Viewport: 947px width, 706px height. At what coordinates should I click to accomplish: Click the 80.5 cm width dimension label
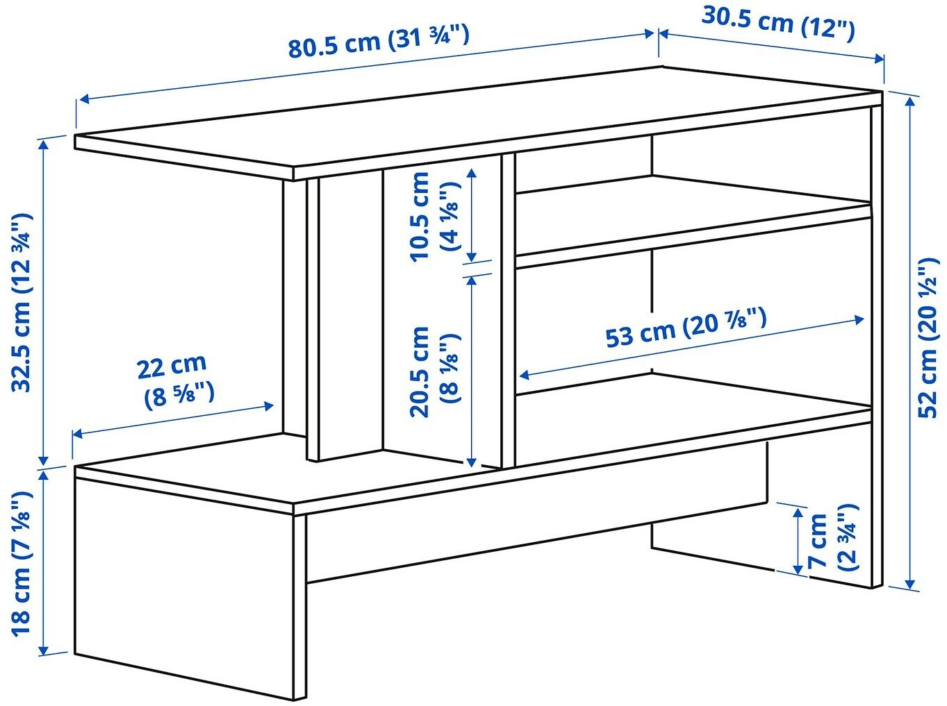(x=379, y=42)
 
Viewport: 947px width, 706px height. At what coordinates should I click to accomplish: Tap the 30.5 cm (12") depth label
(x=778, y=24)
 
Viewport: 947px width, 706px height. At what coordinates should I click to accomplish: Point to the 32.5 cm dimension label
(x=22, y=302)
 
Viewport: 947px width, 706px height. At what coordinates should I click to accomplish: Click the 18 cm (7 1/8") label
(x=22, y=564)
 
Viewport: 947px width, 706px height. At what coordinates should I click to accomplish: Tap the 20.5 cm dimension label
(x=434, y=372)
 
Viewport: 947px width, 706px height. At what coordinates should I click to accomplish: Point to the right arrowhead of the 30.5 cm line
(x=878, y=58)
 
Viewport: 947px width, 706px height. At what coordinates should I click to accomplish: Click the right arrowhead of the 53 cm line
(x=859, y=319)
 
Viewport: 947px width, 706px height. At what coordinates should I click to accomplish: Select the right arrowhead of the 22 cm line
(x=269, y=405)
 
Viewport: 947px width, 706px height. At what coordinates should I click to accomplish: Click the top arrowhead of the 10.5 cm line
(x=472, y=173)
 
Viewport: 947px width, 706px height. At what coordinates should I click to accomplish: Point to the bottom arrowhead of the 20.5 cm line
(x=472, y=462)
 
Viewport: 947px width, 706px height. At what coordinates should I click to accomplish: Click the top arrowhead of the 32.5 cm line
(x=43, y=145)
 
